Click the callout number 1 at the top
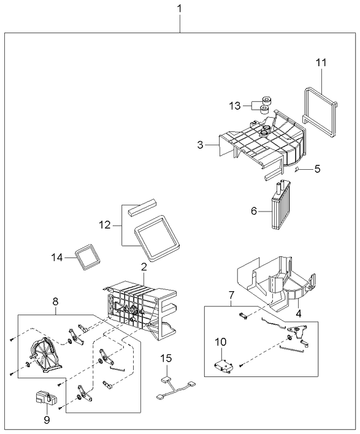(179, 9)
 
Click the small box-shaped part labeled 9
(41, 397)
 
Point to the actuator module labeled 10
(223, 366)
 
